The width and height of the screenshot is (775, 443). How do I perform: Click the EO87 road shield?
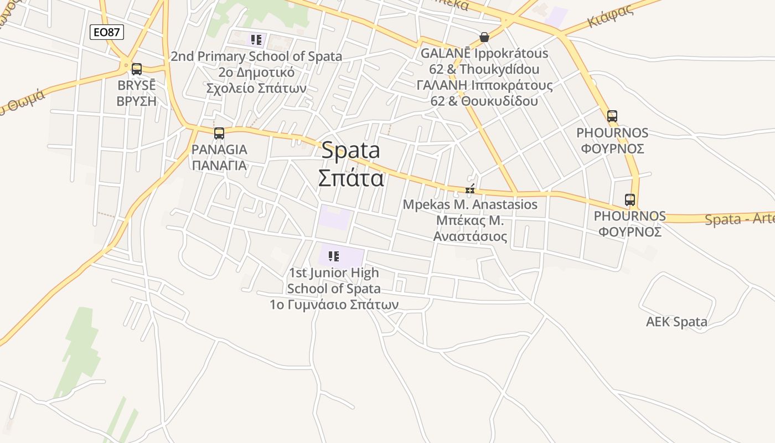coord(107,32)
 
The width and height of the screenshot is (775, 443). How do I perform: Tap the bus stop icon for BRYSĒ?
coord(136,69)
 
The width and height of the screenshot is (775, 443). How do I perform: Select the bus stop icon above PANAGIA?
coord(219,133)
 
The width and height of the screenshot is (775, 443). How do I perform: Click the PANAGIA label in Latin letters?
coord(219,150)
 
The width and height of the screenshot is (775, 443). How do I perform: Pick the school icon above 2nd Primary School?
coord(256,39)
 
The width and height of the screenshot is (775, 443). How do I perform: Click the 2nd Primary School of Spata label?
coord(256,56)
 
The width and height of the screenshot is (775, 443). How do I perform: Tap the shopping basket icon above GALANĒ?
coord(484,37)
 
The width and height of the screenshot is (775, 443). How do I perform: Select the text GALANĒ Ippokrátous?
coord(484,54)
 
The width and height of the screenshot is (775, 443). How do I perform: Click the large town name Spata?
coord(350,150)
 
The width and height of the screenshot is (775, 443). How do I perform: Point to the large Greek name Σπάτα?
coord(350,178)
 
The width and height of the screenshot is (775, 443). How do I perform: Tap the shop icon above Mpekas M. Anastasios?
coord(470,190)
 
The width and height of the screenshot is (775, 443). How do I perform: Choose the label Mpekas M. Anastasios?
coord(470,204)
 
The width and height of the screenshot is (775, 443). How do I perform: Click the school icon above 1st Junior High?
coord(333,256)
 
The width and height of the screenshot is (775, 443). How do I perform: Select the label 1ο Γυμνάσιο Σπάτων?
coord(334,305)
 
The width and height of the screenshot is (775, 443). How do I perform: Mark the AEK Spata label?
coord(676,322)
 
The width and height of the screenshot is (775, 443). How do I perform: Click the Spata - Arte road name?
coord(740,219)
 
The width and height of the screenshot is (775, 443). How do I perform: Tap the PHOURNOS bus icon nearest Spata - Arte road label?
coord(629,200)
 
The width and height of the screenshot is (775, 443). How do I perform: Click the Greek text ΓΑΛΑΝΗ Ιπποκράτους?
coord(484,85)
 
